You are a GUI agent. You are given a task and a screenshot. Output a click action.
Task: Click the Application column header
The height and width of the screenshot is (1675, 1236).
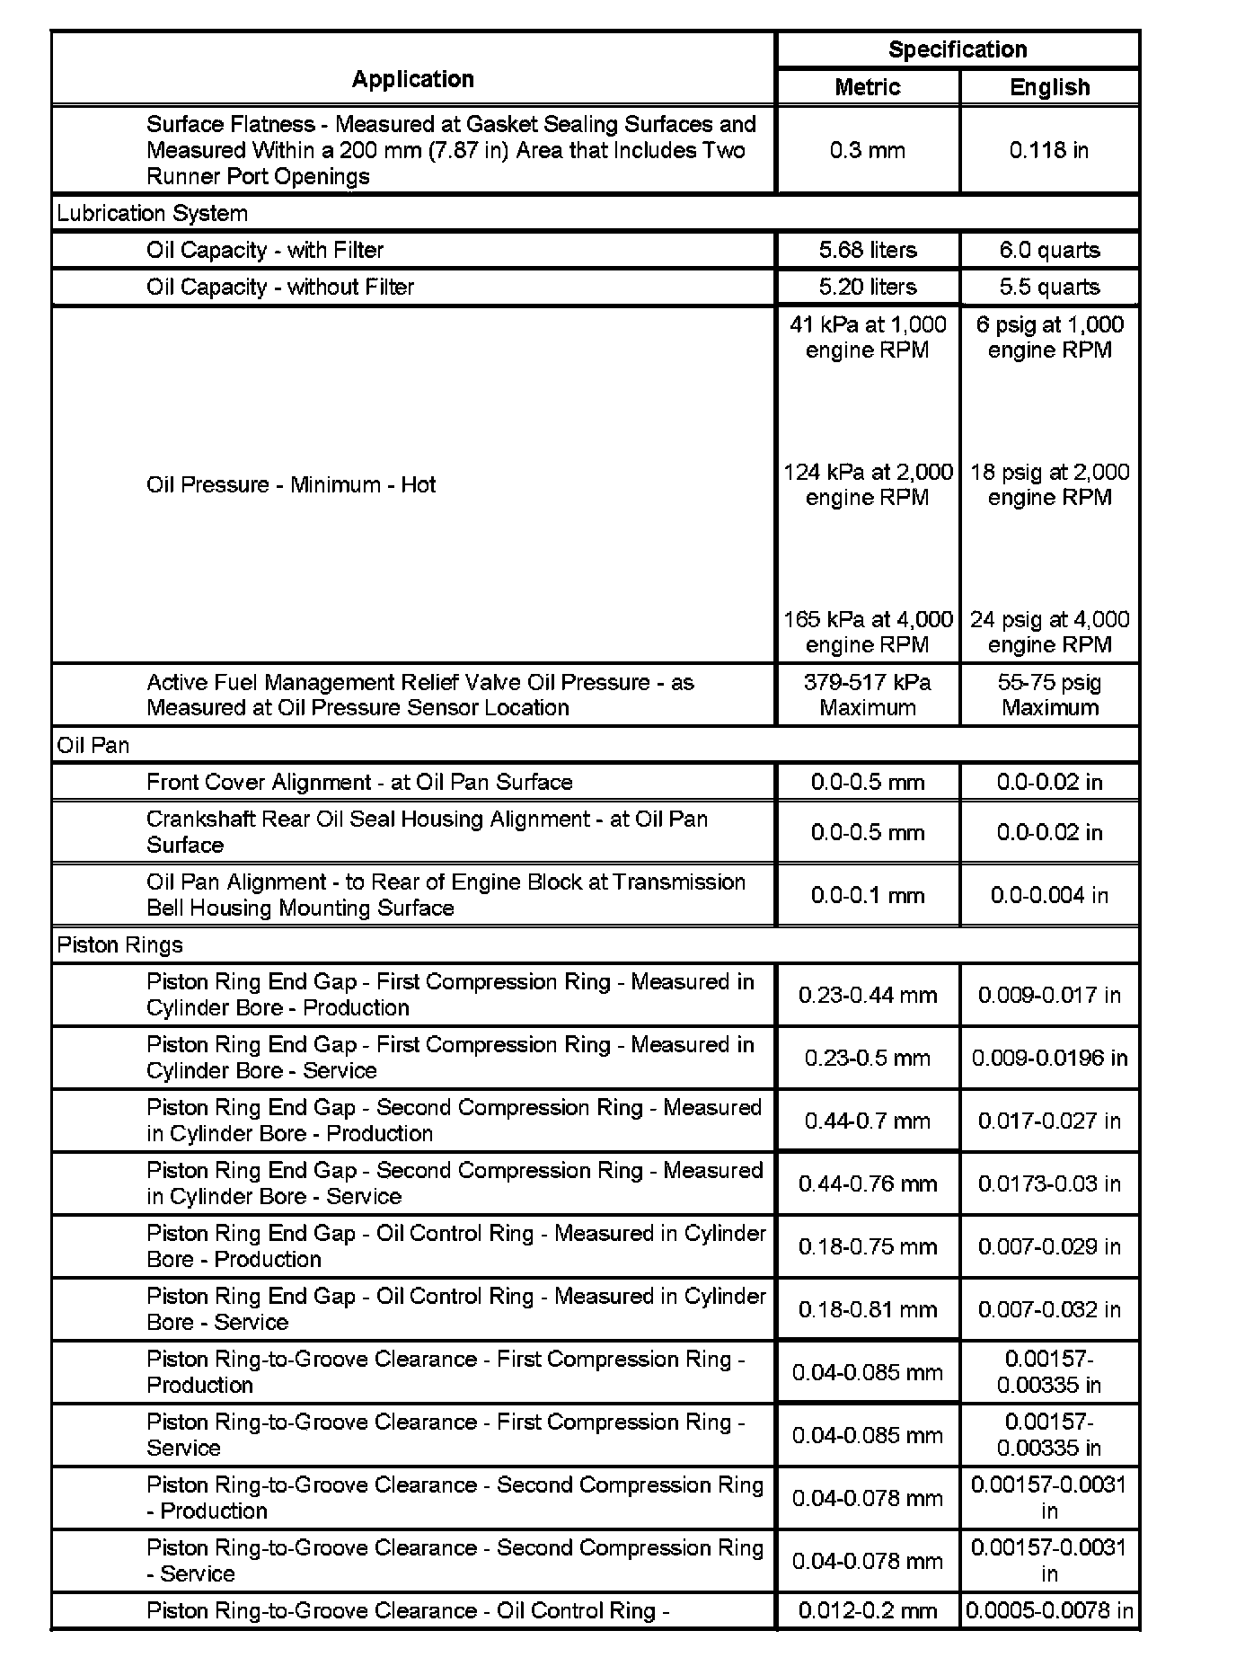412,79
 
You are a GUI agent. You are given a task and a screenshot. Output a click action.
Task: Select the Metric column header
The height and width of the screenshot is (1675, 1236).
867,87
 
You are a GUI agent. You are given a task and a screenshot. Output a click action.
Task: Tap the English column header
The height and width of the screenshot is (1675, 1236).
1049,87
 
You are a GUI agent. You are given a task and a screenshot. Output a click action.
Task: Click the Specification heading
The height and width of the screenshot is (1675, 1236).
958,49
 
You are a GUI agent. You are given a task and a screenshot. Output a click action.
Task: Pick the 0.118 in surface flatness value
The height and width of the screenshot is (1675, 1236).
1049,150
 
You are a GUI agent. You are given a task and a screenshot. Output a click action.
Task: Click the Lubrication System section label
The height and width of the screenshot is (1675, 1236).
152,213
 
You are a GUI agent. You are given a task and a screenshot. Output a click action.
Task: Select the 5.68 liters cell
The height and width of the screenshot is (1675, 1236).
867,250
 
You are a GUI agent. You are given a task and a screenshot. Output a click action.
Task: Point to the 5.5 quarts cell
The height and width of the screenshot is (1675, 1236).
1049,287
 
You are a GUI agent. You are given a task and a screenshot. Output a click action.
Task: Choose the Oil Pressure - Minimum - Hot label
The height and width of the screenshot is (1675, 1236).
291,484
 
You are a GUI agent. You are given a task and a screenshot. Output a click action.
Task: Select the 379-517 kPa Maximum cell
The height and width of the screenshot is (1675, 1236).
867,695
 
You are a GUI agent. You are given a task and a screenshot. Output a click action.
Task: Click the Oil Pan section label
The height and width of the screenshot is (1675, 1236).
93,745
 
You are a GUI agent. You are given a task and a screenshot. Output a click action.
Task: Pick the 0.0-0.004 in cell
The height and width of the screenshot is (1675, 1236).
1049,895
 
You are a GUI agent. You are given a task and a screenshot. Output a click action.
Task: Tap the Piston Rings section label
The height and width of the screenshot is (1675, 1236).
119,944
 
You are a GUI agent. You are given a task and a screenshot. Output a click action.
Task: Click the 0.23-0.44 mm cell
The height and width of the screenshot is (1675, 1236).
867,995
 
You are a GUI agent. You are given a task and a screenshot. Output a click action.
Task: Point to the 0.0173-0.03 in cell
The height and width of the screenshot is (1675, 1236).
1049,1183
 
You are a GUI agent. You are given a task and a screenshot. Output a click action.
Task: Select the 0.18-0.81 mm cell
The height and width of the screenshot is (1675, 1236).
867,1309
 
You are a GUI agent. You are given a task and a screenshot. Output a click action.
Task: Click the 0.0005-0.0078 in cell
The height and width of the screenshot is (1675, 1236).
1049,1610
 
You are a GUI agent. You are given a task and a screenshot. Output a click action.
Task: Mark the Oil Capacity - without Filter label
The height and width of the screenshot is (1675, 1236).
280,287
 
